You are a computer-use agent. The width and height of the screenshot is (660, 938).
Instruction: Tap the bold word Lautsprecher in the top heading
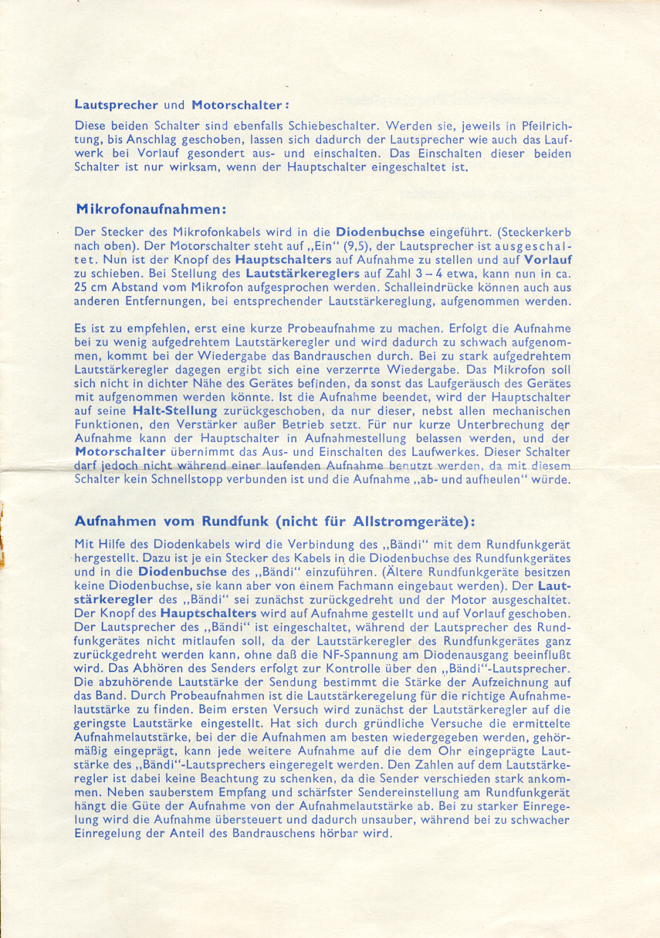(117, 104)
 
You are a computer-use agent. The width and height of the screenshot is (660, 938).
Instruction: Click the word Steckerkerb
(535, 231)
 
